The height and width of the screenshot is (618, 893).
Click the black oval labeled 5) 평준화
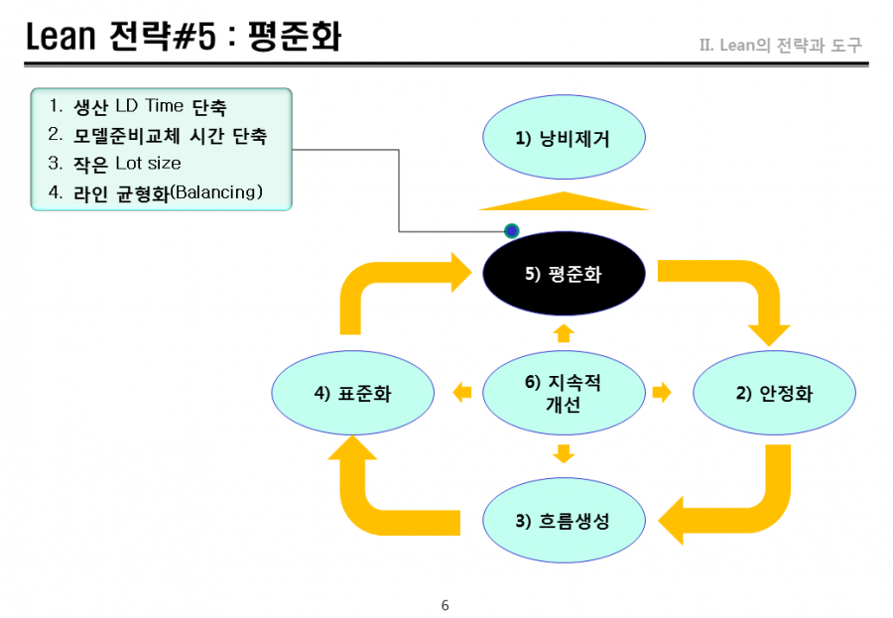[x=564, y=274]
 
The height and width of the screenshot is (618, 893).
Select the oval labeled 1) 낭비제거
[x=564, y=137]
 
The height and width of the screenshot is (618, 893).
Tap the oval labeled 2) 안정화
[x=774, y=393]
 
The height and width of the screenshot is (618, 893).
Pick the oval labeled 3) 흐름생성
[x=564, y=521]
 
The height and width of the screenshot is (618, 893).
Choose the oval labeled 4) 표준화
[x=352, y=393]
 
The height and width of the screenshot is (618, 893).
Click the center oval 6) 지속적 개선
[x=564, y=393]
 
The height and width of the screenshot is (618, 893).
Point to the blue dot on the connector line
[x=511, y=231]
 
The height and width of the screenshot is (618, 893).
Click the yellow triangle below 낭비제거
[x=564, y=201]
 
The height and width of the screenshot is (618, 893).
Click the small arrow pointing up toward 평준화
[x=564, y=333]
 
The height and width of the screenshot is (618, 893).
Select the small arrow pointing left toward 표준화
[x=461, y=393]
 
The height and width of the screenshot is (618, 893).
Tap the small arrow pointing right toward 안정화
[x=662, y=393]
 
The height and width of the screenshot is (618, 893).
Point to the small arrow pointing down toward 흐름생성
[x=564, y=454]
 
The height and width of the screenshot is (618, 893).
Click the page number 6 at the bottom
[x=446, y=605]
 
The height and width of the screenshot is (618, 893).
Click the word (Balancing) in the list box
[x=216, y=192]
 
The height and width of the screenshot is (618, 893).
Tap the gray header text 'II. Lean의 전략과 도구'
[x=781, y=45]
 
